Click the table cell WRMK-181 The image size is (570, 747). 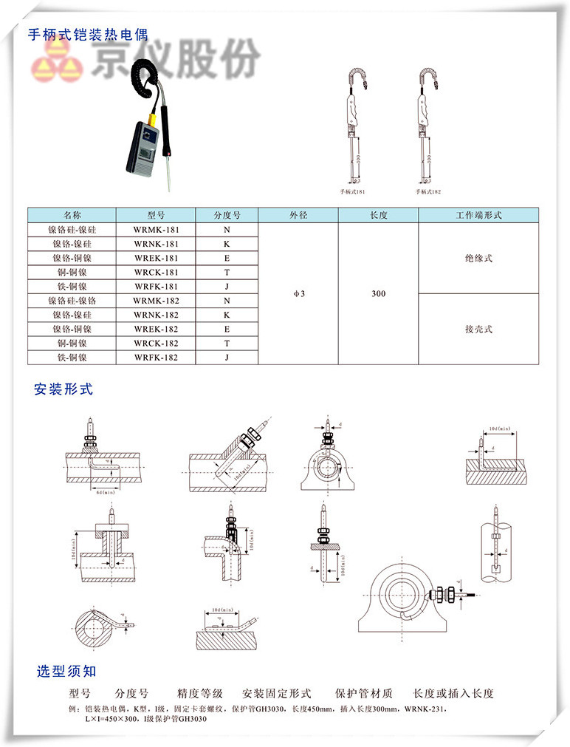(156, 230)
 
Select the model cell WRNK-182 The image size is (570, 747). (156, 315)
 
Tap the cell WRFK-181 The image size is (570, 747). (156, 287)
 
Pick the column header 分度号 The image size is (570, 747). (227, 215)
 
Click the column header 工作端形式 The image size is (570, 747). (478, 215)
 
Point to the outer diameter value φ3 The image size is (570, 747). (298, 293)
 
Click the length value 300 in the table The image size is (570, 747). (378, 293)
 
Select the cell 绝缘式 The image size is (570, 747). (478, 259)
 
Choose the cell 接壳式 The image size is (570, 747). (478, 329)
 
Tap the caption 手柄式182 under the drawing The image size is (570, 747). (427, 191)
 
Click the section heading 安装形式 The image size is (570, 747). (63, 389)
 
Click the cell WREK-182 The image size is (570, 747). (156, 329)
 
